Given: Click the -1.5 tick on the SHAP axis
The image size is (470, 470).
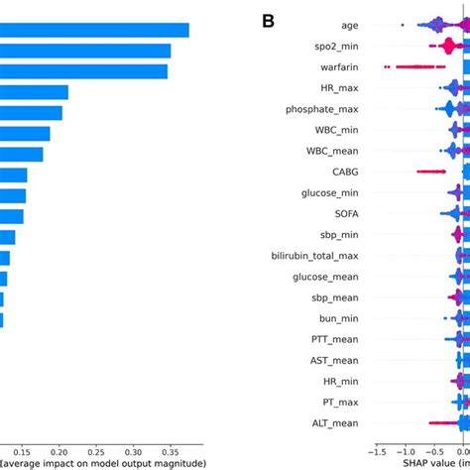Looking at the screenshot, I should [379, 448].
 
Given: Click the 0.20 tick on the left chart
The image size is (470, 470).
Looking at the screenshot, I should [58, 448].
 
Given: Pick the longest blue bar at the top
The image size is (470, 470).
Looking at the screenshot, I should [94, 30].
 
